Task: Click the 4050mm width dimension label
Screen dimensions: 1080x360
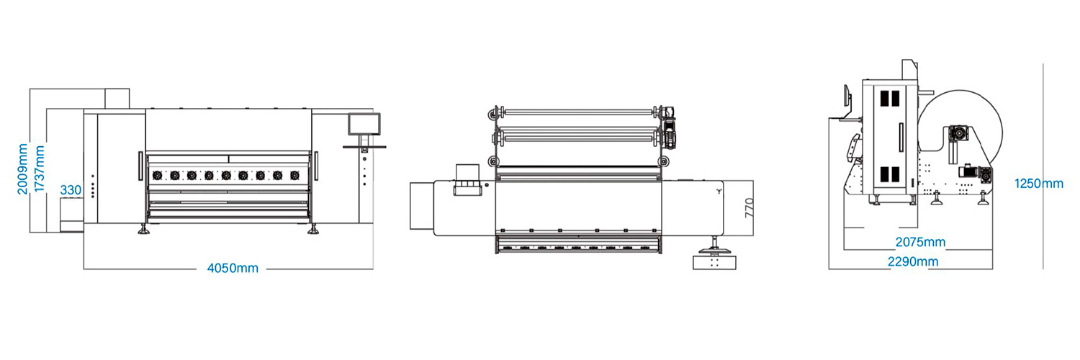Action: click(233, 268)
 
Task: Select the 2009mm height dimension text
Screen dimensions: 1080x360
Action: click(22, 168)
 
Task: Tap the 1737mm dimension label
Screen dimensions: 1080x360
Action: click(40, 168)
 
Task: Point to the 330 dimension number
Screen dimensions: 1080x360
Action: click(71, 190)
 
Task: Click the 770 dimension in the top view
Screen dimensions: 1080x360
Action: click(749, 208)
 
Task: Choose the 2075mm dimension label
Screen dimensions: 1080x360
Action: click(920, 242)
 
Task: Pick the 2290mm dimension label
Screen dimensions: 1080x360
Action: click(913, 261)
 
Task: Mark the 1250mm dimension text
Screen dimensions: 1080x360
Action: click(1039, 184)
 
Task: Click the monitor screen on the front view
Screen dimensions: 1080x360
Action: click(364, 124)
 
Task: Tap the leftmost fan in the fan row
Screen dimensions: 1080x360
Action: click(157, 176)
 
